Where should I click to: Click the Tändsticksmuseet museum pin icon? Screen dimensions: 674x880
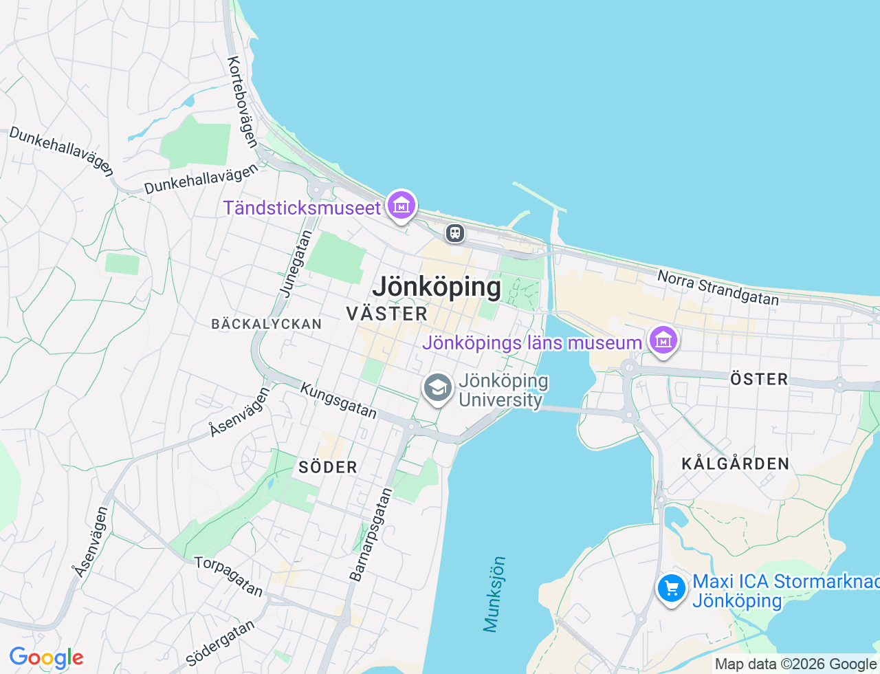(401, 205)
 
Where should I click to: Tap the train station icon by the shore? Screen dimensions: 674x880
(454, 233)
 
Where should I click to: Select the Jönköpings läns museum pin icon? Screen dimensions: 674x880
(663, 340)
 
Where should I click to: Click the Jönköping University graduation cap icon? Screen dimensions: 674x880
(437, 389)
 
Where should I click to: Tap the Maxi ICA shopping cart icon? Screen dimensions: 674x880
(672, 589)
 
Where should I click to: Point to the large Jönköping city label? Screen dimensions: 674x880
(437, 287)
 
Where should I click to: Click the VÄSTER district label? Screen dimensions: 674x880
(386, 314)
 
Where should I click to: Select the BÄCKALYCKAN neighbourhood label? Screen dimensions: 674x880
(267, 324)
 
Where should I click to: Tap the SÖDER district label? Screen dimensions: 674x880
(328, 468)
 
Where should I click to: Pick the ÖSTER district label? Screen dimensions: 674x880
(759, 379)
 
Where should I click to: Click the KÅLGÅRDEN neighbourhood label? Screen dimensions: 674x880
(736, 464)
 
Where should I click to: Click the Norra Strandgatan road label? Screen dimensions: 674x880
(718, 287)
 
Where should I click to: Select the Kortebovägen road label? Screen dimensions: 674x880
(243, 102)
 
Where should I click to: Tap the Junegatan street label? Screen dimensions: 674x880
(296, 264)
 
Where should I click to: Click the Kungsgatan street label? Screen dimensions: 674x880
(338, 401)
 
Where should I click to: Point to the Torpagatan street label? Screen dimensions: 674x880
(229, 576)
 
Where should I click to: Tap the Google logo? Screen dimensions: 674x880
(46, 658)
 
